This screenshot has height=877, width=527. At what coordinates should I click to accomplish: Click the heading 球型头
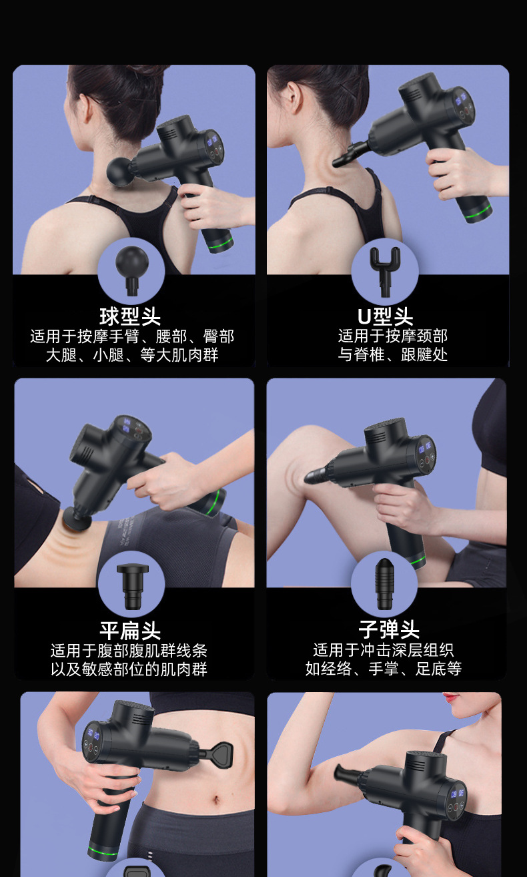pyautogui.click(x=130, y=316)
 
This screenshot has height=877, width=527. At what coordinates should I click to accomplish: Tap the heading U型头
pyautogui.click(x=385, y=316)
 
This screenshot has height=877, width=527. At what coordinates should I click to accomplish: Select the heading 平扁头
pyautogui.click(x=130, y=630)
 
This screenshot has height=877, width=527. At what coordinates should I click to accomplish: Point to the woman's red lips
pyautogui.click(x=452, y=697)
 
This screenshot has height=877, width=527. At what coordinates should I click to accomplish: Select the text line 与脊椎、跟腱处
pyautogui.click(x=392, y=354)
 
